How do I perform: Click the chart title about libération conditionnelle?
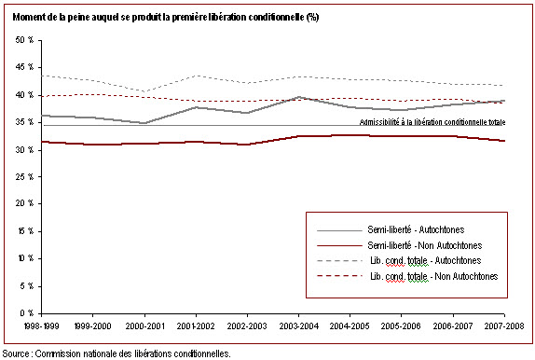166,17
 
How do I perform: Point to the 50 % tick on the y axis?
24,40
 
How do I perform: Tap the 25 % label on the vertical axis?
24,176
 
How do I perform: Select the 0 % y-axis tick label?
27,312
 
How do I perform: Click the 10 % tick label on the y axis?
25,258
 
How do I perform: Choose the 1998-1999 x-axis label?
42,325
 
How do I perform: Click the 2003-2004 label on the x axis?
299,325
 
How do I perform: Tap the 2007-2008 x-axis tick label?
504,325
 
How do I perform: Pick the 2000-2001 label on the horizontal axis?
144,325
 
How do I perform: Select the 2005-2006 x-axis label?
401,325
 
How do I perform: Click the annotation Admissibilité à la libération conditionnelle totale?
432,122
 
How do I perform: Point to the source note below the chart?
117,353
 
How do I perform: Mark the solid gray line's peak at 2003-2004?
299,97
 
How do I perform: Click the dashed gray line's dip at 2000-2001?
144,91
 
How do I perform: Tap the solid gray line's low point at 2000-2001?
144,123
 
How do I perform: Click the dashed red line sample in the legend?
339,276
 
